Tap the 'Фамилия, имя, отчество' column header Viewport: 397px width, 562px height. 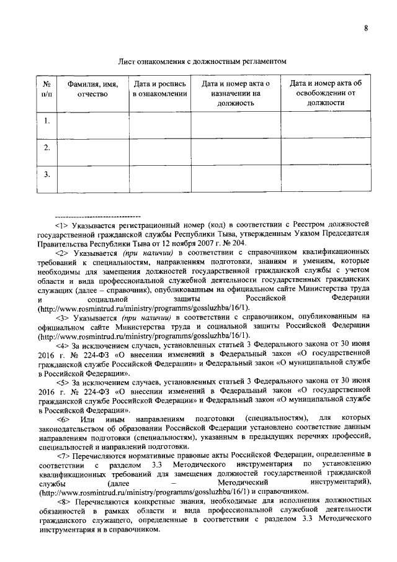93,88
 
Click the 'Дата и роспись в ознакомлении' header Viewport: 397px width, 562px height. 159,88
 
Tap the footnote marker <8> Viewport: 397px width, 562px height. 62,501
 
